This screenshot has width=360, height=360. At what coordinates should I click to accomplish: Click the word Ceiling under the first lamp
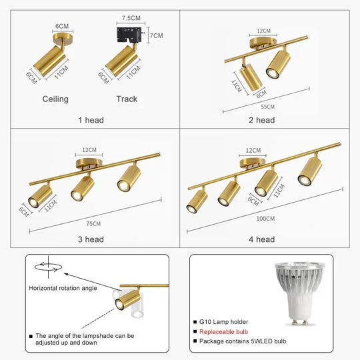[x=55, y=99]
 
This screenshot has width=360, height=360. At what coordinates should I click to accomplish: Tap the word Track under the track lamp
[x=127, y=99]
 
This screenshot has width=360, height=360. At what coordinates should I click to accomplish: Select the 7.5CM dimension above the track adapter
[x=131, y=18]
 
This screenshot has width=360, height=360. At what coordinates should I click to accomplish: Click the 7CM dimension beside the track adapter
[x=157, y=35]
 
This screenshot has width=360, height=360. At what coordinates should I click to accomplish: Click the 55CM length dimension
[x=267, y=106]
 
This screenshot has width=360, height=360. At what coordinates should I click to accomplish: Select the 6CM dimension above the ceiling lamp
[x=62, y=26]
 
